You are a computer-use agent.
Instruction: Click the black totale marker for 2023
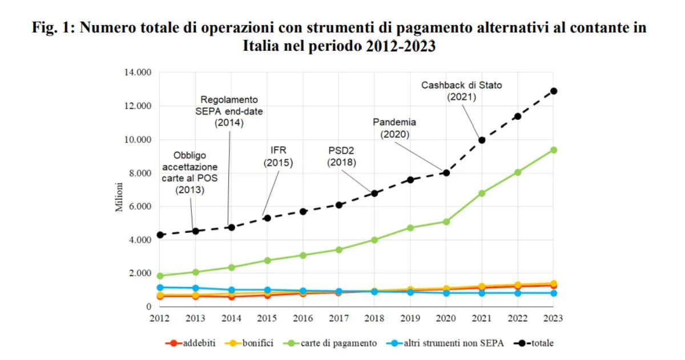[553, 91]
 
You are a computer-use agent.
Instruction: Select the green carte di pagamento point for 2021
[482, 193]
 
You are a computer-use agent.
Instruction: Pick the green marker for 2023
[553, 150]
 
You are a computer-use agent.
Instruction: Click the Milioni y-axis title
[119, 197]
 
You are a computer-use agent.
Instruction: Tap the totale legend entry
[533, 343]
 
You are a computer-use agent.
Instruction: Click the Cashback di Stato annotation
[461, 91]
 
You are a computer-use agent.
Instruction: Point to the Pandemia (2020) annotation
[394, 128]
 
